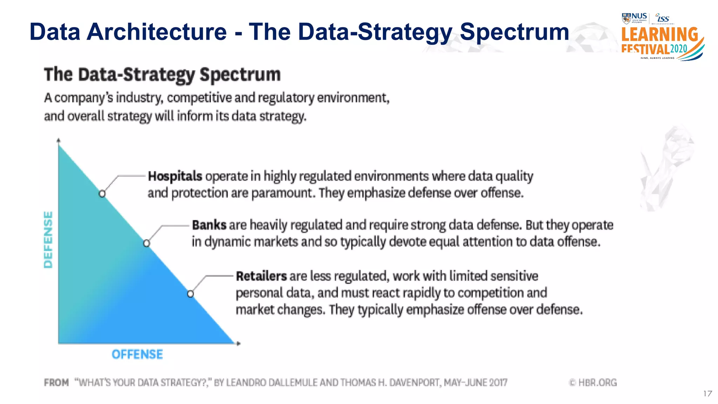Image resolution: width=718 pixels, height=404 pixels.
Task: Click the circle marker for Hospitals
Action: click(x=102, y=194)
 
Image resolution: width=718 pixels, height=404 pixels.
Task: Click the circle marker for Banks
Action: click(x=147, y=243)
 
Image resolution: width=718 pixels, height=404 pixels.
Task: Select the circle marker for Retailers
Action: click(x=190, y=294)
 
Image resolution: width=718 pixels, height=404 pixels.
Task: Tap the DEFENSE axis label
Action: click(x=48, y=240)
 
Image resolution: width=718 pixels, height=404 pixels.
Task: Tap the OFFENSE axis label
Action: click(x=137, y=355)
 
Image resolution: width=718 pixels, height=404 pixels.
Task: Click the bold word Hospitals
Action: click(x=175, y=176)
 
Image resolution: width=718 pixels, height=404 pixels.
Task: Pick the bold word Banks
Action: click(x=209, y=225)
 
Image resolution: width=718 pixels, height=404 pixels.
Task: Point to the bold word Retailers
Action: click(x=261, y=276)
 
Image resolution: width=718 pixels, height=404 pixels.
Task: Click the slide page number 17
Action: click(x=707, y=393)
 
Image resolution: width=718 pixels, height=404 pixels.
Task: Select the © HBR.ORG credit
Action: click(x=592, y=382)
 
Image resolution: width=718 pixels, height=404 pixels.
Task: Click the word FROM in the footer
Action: click(x=56, y=382)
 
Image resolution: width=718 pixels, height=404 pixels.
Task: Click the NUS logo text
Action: click(x=639, y=16)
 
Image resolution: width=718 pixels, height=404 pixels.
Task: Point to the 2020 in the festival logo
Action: click(x=679, y=48)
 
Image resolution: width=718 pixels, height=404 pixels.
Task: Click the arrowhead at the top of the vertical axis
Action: click(x=59, y=140)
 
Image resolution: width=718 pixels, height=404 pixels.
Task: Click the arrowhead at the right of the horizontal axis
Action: click(x=239, y=343)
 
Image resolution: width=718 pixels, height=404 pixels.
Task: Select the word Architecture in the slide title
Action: click(x=156, y=32)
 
